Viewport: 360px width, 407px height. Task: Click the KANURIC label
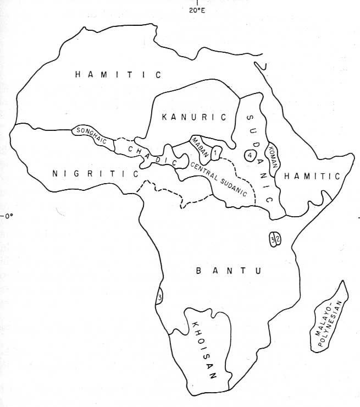point(195,117)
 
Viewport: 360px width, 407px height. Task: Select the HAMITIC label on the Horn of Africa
point(313,175)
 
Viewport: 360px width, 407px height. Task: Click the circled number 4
point(250,155)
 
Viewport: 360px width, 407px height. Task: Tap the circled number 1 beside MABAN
point(217,151)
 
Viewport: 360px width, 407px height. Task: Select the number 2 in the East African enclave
point(278,239)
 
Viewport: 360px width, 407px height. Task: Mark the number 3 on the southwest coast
point(159,298)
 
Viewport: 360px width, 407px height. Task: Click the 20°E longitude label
point(197,10)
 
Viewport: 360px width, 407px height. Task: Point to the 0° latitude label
point(8,216)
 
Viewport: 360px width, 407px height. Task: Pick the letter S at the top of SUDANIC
point(250,117)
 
